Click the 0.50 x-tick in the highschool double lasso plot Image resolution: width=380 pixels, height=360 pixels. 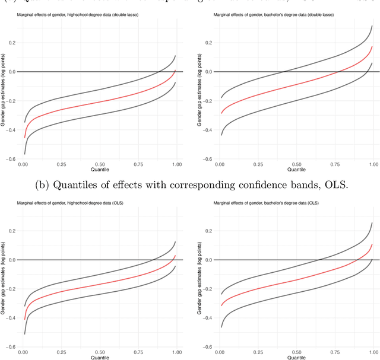click(100, 164)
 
